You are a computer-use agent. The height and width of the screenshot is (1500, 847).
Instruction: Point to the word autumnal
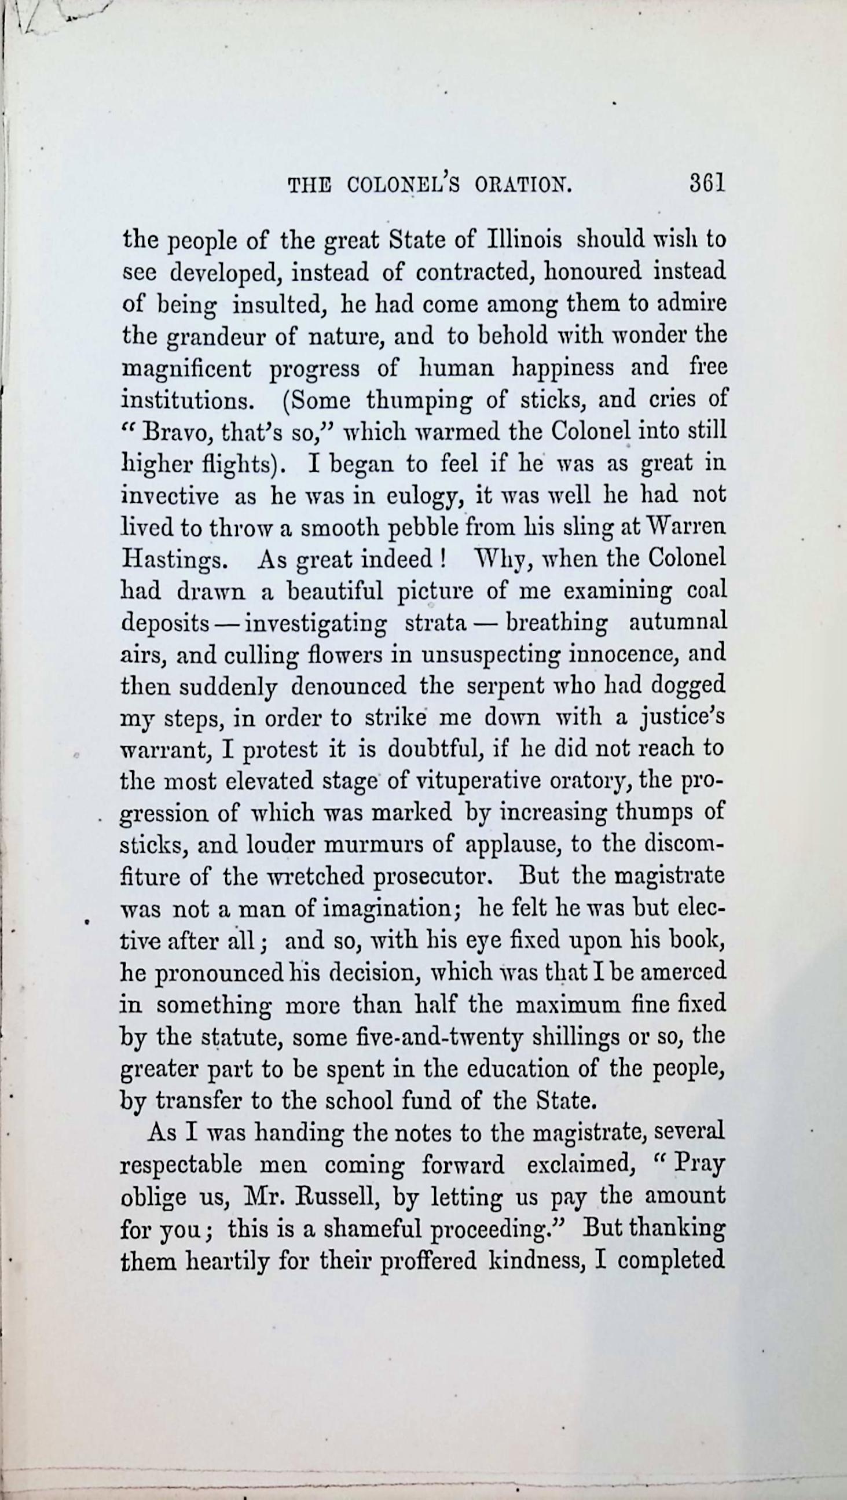click(678, 622)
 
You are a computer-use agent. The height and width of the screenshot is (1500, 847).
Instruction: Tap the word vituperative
click(479, 780)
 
